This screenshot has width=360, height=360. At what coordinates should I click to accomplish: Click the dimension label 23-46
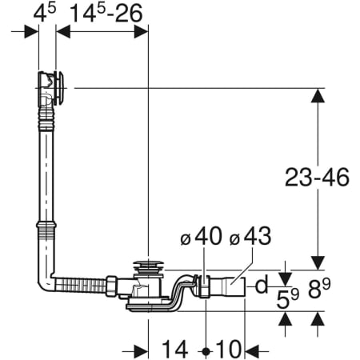pos(317,178)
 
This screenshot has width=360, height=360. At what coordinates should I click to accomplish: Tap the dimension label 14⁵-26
pos(106,13)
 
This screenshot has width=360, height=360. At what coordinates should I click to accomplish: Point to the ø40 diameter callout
pos(201,236)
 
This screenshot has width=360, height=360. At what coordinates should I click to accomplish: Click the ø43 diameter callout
pos(250,236)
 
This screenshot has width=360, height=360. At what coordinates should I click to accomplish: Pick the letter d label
pos(262,285)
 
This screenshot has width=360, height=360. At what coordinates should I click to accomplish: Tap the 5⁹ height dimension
pos(288,298)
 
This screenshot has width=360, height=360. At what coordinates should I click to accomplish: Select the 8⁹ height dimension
pos(319,288)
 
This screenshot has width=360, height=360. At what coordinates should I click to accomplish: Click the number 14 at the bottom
pos(174,349)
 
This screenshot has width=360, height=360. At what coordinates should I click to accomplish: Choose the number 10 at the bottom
pos(229,349)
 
